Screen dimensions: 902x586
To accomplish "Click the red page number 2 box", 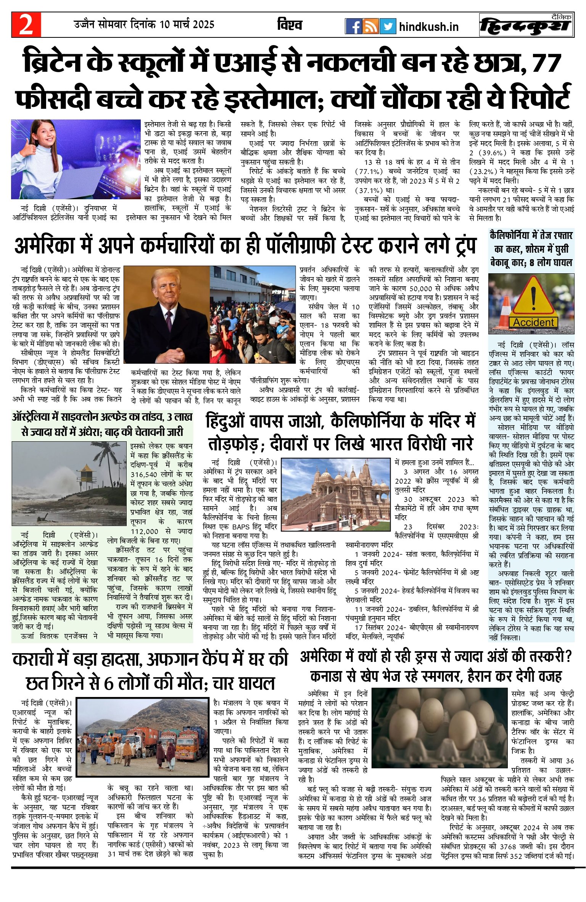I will point(26,25).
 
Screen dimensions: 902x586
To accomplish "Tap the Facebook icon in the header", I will point(353,26).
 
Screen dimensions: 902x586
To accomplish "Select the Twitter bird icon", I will point(388,26).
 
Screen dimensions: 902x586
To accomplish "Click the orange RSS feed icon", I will point(370,26).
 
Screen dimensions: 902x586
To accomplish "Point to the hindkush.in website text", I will point(428,27).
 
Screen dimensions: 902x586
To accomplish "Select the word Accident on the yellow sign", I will point(533,323).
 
